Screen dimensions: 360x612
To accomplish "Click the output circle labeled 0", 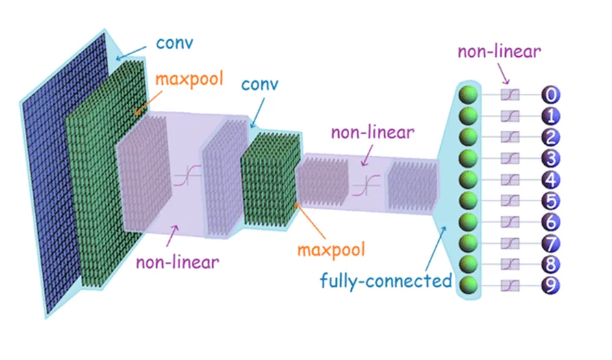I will pyautogui.click(x=551, y=94).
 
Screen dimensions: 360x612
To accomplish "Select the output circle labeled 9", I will pyautogui.click(x=551, y=285).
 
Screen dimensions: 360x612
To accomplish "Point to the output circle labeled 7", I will pyautogui.click(x=551, y=243).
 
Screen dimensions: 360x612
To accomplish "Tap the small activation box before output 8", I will pyautogui.click(x=509, y=264).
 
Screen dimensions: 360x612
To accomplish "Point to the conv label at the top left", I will pyautogui.click(x=174, y=42).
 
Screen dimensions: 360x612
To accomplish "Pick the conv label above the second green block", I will pyautogui.click(x=261, y=87).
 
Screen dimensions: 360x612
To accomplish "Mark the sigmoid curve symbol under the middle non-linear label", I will pyautogui.click(x=370, y=183).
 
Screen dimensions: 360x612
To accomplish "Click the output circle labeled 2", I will pyautogui.click(x=551, y=137).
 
